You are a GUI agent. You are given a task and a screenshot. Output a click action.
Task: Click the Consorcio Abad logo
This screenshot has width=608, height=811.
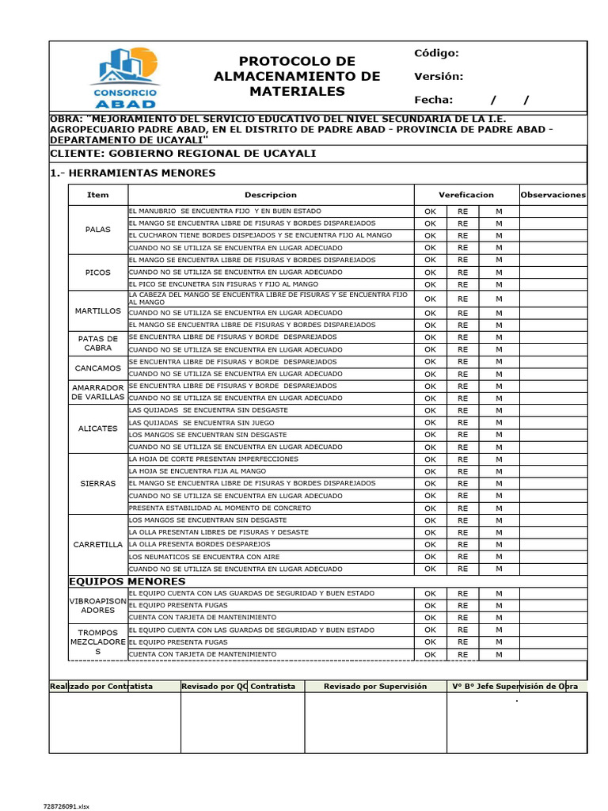click(x=125, y=77)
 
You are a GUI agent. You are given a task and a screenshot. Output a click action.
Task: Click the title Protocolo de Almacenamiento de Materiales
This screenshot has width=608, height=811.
click(x=297, y=77)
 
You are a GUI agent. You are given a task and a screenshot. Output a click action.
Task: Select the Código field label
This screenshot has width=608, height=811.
click(x=436, y=53)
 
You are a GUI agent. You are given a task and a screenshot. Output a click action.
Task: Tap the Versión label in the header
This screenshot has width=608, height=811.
click(x=438, y=77)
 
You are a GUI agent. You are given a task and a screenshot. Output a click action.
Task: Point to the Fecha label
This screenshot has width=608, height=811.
click(x=434, y=100)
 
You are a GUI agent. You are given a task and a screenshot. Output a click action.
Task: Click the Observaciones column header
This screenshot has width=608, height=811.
click(x=553, y=195)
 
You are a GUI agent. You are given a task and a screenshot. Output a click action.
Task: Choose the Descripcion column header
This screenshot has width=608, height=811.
click(x=271, y=195)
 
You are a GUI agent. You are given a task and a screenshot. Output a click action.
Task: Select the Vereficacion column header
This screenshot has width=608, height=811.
click(x=466, y=195)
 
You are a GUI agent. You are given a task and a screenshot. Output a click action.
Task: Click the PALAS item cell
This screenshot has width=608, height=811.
click(x=98, y=230)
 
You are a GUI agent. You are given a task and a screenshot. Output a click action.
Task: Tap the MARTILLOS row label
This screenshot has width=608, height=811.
click(x=98, y=311)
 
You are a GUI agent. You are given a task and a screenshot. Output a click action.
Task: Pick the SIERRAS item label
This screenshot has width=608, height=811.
click(x=98, y=483)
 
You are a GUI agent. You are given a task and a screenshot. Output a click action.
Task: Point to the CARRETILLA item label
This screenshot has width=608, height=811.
click(x=98, y=545)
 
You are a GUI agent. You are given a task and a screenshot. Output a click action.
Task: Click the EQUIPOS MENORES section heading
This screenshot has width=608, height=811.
click(x=127, y=581)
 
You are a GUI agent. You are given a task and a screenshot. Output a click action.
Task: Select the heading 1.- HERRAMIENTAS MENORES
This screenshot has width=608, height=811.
click(x=132, y=173)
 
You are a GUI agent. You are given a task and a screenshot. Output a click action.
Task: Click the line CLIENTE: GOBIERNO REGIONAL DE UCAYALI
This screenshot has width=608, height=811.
click(x=183, y=153)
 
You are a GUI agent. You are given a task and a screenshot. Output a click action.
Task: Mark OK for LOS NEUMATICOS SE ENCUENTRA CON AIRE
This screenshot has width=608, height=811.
click(x=430, y=557)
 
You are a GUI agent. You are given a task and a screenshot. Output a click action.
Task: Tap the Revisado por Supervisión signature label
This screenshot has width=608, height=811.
click(x=375, y=687)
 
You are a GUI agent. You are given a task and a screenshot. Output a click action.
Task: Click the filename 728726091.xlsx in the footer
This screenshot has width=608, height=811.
click(x=66, y=806)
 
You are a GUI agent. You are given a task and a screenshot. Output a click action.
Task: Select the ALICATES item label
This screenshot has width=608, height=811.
click(x=98, y=428)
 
